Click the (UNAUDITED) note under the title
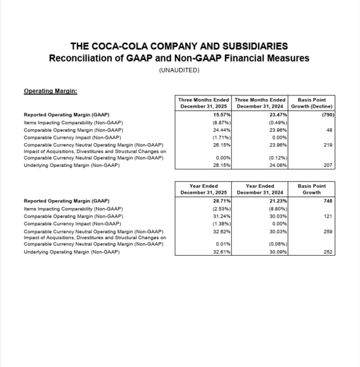click(x=179, y=70)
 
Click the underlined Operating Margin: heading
click(x=50, y=91)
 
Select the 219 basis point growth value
click(x=329, y=144)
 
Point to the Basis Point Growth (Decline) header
click(x=312, y=103)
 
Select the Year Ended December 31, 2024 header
click(x=260, y=189)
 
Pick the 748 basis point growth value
click(x=329, y=201)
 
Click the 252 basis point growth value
click(x=329, y=251)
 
